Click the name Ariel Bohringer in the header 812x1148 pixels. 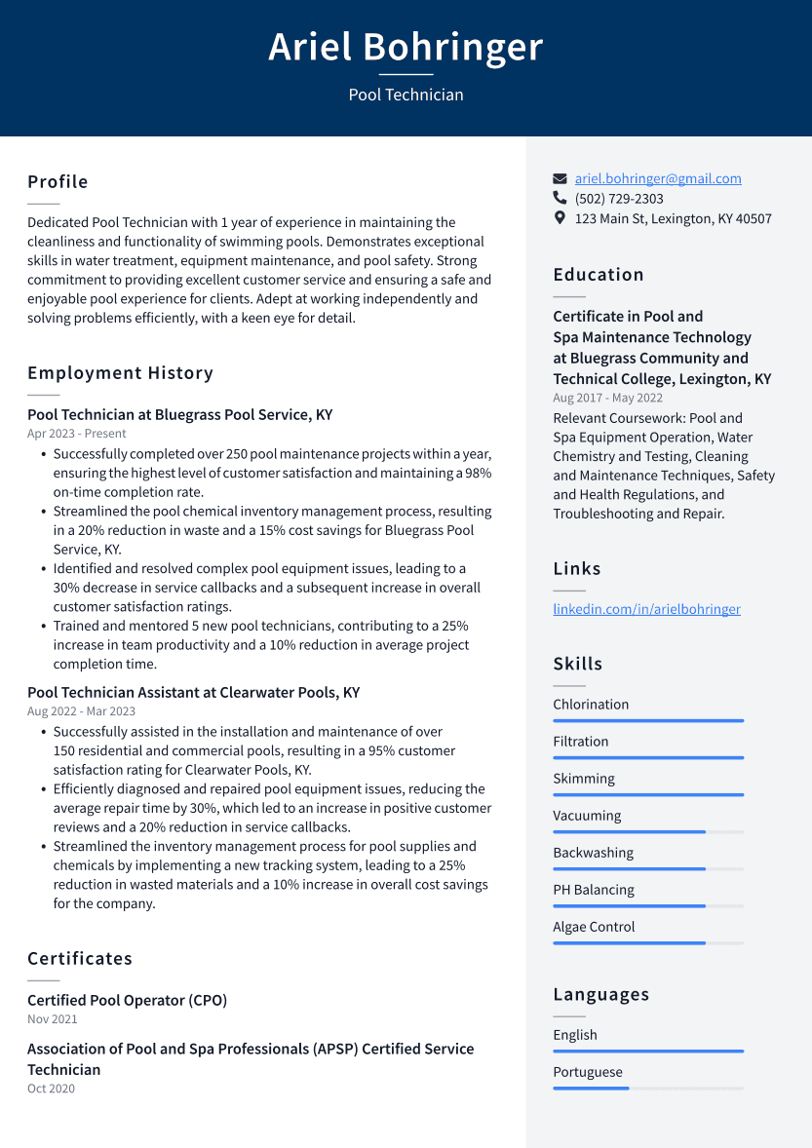click(x=406, y=47)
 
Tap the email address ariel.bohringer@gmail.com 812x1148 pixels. click(x=657, y=178)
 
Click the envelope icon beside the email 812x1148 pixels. click(x=560, y=179)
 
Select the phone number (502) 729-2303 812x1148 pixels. click(x=619, y=199)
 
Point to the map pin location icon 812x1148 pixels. click(x=560, y=218)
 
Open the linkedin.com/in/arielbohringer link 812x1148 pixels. click(x=646, y=609)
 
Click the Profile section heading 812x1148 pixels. click(x=58, y=182)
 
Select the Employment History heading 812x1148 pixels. click(x=120, y=373)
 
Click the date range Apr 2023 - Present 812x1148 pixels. click(x=77, y=434)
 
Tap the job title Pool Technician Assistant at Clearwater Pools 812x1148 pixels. click(x=193, y=693)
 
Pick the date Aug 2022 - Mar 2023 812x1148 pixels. click(x=81, y=711)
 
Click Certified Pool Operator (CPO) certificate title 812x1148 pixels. click(x=127, y=1001)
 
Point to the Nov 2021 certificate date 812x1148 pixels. click(x=53, y=1019)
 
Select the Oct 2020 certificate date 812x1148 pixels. click(x=51, y=1089)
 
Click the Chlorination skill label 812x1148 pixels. click(x=591, y=705)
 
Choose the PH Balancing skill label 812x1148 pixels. click(x=594, y=890)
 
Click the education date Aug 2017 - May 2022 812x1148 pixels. click(x=607, y=398)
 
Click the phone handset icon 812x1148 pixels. click(x=560, y=199)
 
